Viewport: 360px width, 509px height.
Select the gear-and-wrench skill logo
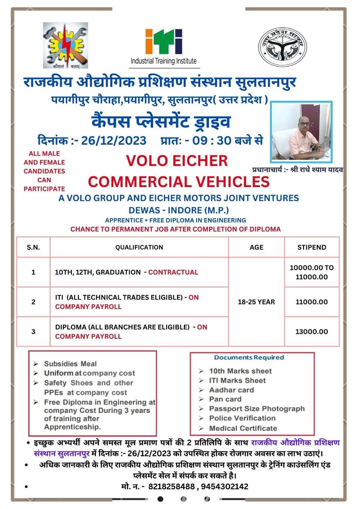coord(65,45)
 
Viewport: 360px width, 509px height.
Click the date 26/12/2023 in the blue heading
coord(114,141)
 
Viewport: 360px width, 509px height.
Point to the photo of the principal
coord(301,131)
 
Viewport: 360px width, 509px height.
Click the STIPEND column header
coord(312,247)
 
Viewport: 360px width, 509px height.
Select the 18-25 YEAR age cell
coord(256,302)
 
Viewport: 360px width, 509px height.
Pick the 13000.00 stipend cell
coord(312,331)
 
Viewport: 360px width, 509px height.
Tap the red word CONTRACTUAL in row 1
coord(173,272)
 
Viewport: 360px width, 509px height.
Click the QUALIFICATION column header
coord(139,247)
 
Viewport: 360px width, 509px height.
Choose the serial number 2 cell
coord(33,302)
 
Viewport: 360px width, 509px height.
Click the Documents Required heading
coord(249,357)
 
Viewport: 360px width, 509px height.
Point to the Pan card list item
coord(225,399)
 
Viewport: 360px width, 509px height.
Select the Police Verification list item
coord(242,418)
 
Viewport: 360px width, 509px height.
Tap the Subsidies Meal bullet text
coord(70,364)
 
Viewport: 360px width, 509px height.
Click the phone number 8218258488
coord(171,487)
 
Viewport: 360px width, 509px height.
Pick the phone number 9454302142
coord(225,487)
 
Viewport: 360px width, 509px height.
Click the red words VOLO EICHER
coord(177,161)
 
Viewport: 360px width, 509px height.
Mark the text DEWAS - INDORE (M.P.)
coord(179,210)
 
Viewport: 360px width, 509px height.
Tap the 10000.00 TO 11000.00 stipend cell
coord(312,272)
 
